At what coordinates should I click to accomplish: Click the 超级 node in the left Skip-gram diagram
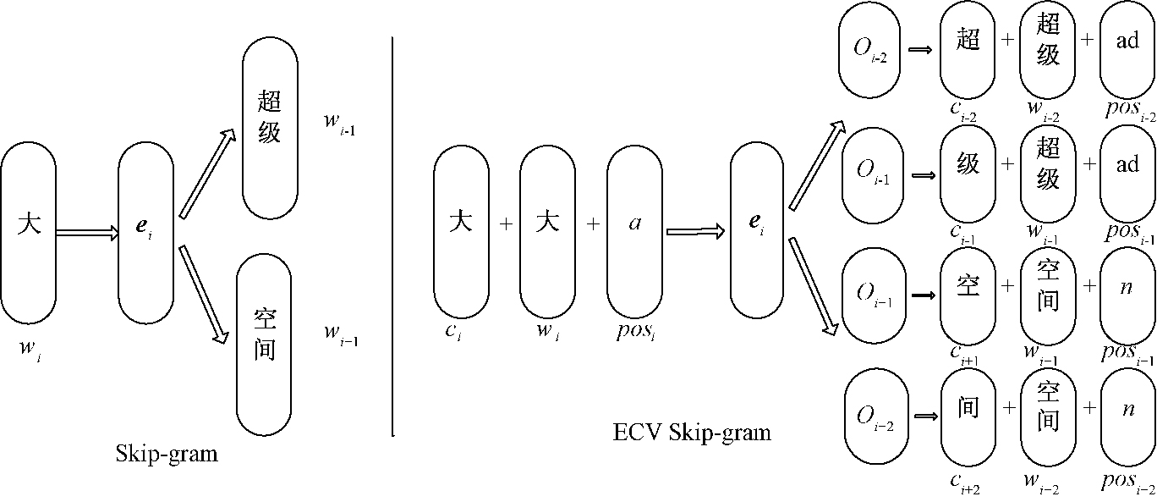(x=270, y=119)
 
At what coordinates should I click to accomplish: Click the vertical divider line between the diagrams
(x=393, y=237)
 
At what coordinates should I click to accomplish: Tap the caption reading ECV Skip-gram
(x=692, y=433)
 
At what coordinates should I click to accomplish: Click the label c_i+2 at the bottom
(x=964, y=483)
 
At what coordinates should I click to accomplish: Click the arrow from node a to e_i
(x=695, y=229)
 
